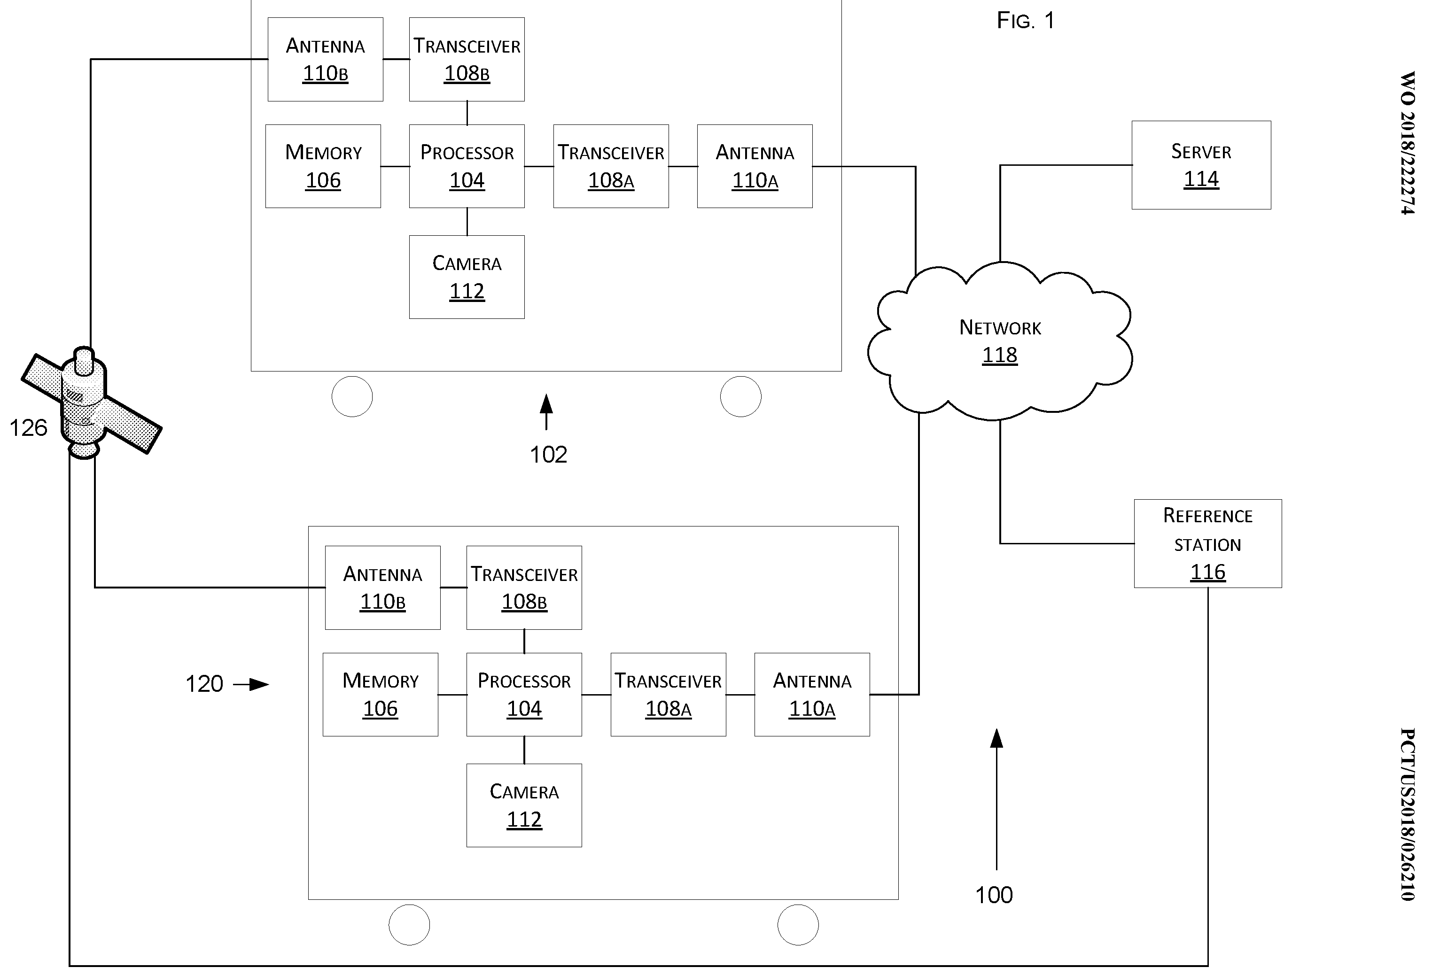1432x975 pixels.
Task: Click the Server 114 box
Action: click(1201, 165)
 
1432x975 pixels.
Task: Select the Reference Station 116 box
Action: click(1208, 543)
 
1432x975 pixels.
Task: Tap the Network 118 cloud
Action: click(999, 340)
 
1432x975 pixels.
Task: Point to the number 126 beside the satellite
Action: click(28, 427)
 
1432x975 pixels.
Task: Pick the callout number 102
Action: click(548, 455)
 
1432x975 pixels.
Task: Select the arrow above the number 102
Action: click(546, 412)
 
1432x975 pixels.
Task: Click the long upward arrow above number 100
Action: click(996, 799)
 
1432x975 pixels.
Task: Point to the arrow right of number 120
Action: click(251, 684)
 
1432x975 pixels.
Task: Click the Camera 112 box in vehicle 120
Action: click(524, 805)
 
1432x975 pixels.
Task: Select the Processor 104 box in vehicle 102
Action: click(467, 166)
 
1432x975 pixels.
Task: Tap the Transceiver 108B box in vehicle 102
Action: click(467, 59)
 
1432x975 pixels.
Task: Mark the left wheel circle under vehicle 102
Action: click(352, 397)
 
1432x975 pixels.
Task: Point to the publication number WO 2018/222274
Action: click(1408, 143)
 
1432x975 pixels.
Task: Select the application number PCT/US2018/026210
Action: click(1408, 814)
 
